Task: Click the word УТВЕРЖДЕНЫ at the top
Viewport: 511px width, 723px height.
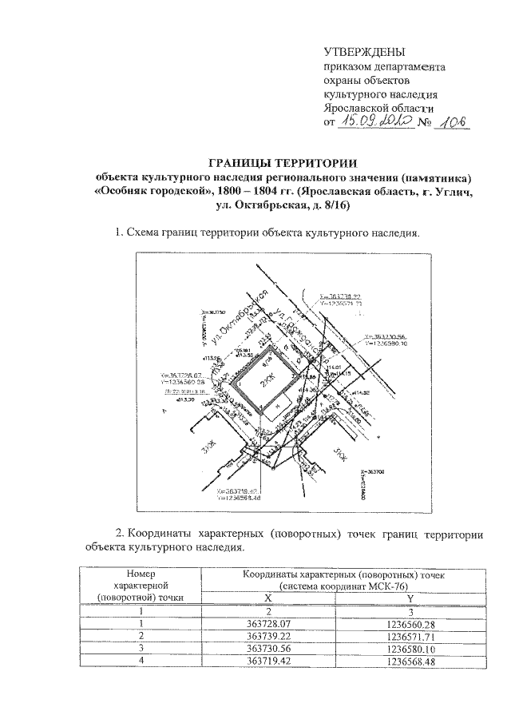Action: point(364,54)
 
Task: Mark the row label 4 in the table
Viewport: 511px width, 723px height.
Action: point(141,661)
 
